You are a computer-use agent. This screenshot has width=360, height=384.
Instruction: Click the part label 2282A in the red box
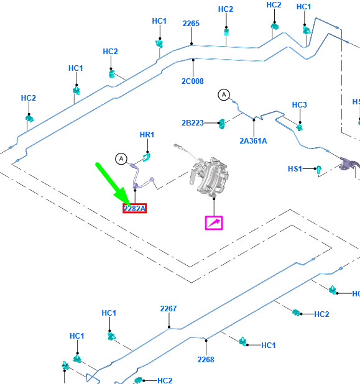134,208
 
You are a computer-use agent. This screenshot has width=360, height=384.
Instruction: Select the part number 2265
191,24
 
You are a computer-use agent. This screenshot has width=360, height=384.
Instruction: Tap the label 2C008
193,81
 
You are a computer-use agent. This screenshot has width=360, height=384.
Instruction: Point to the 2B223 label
193,122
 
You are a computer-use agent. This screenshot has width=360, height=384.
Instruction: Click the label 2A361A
254,141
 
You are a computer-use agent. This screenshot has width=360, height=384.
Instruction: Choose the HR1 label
147,135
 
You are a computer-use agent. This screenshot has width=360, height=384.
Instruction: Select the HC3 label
300,105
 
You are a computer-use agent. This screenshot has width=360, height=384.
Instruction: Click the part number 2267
168,309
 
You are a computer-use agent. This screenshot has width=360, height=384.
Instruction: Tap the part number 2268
206,360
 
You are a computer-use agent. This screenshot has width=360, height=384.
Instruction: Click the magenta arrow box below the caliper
214,223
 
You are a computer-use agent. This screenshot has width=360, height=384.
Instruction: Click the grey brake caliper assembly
209,176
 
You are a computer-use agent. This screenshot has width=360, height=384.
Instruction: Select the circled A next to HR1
121,158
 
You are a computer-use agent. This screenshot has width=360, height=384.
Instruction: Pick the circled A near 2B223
224,94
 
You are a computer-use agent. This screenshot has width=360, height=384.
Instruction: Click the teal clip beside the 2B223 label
222,124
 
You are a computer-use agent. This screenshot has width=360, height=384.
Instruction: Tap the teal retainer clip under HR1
147,157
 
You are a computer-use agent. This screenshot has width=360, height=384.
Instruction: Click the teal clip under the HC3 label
300,127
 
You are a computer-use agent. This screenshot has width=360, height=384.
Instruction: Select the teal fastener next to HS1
318,170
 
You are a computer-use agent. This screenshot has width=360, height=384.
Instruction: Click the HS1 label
295,169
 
